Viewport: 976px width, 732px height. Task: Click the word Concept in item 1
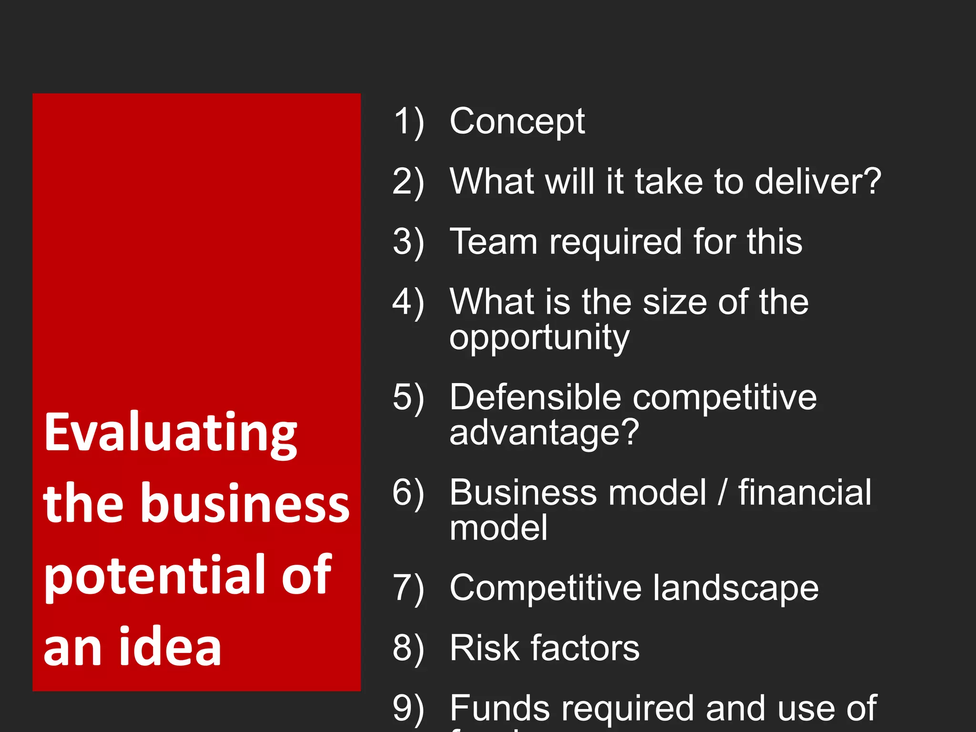coord(517,122)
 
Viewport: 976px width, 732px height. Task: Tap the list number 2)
coord(408,182)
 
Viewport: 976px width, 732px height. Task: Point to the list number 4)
coord(408,302)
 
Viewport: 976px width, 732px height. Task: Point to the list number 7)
coord(408,589)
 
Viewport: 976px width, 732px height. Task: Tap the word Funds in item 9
coord(500,708)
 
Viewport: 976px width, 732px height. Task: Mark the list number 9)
coord(408,709)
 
